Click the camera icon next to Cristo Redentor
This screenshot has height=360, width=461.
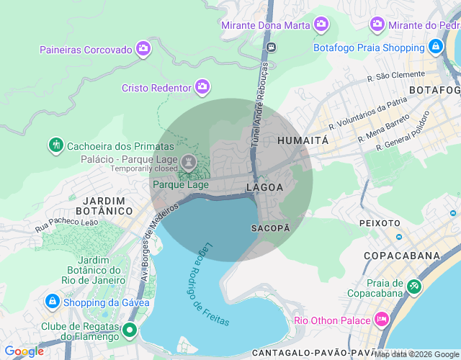202,87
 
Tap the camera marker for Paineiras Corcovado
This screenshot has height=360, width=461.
143,49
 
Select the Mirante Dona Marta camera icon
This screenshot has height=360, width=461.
321,24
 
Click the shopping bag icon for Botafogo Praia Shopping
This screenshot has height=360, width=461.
434,48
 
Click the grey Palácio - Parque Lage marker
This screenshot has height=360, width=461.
187,159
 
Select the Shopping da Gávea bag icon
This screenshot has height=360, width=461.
52,301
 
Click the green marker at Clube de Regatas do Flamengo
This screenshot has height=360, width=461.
130,330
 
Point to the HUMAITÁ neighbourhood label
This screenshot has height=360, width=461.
303,140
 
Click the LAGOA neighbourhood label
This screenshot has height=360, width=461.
264,187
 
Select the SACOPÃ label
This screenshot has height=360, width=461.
270,228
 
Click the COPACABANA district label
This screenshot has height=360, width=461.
401,256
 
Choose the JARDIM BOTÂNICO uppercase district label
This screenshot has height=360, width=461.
108,205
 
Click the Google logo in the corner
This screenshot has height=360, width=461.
24,351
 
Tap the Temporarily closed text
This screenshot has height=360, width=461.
143,168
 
